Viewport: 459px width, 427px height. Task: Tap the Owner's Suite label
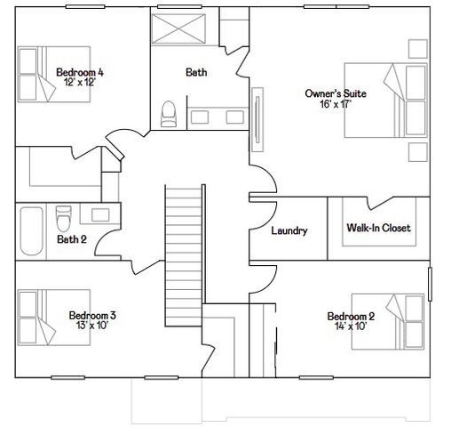point(336,93)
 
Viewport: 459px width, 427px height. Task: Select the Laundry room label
point(289,231)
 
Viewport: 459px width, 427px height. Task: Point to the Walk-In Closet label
point(378,229)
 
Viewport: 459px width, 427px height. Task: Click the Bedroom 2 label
point(351,317)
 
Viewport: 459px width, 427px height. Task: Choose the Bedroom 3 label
point(92,315)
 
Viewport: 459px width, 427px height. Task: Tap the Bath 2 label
point(71,239)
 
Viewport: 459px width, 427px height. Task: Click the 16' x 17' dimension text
point(336,104)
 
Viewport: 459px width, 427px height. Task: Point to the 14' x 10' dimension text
point(351,326)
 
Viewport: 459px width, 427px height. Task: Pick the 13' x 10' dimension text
point(92,326)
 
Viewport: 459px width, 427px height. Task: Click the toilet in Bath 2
point(63,217)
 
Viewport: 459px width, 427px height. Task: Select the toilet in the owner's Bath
point(168,112)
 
